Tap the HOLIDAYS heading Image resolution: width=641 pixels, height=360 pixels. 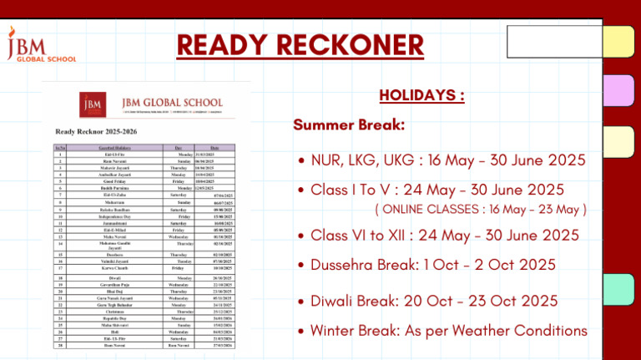click(421, 95)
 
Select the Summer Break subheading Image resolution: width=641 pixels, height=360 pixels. click(349, 125)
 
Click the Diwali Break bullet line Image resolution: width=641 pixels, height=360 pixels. click(434, 301)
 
